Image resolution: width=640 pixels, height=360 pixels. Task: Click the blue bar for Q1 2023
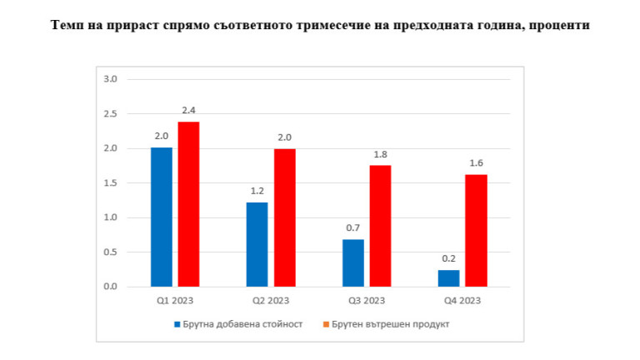162,217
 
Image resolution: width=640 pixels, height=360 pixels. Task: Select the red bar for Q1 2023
188,204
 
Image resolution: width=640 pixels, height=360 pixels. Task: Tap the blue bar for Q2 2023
257,244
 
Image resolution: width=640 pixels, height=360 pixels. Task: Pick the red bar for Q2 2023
284,217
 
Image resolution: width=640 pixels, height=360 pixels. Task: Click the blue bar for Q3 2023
353,262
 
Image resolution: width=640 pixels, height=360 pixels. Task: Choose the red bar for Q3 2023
380,226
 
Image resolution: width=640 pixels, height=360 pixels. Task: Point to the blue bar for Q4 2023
448,278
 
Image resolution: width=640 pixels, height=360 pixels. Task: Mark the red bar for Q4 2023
476,230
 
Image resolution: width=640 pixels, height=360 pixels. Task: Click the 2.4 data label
188,110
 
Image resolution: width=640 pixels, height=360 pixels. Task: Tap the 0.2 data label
448,257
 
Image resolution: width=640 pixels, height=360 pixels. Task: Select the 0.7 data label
353,227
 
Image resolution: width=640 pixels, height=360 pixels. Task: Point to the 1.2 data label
257,190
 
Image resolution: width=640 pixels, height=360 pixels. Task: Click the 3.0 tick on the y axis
110,79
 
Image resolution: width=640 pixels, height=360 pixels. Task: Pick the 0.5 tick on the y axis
110,252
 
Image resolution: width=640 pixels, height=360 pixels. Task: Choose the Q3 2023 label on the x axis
367,300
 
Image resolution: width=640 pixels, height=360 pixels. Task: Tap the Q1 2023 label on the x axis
175,300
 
